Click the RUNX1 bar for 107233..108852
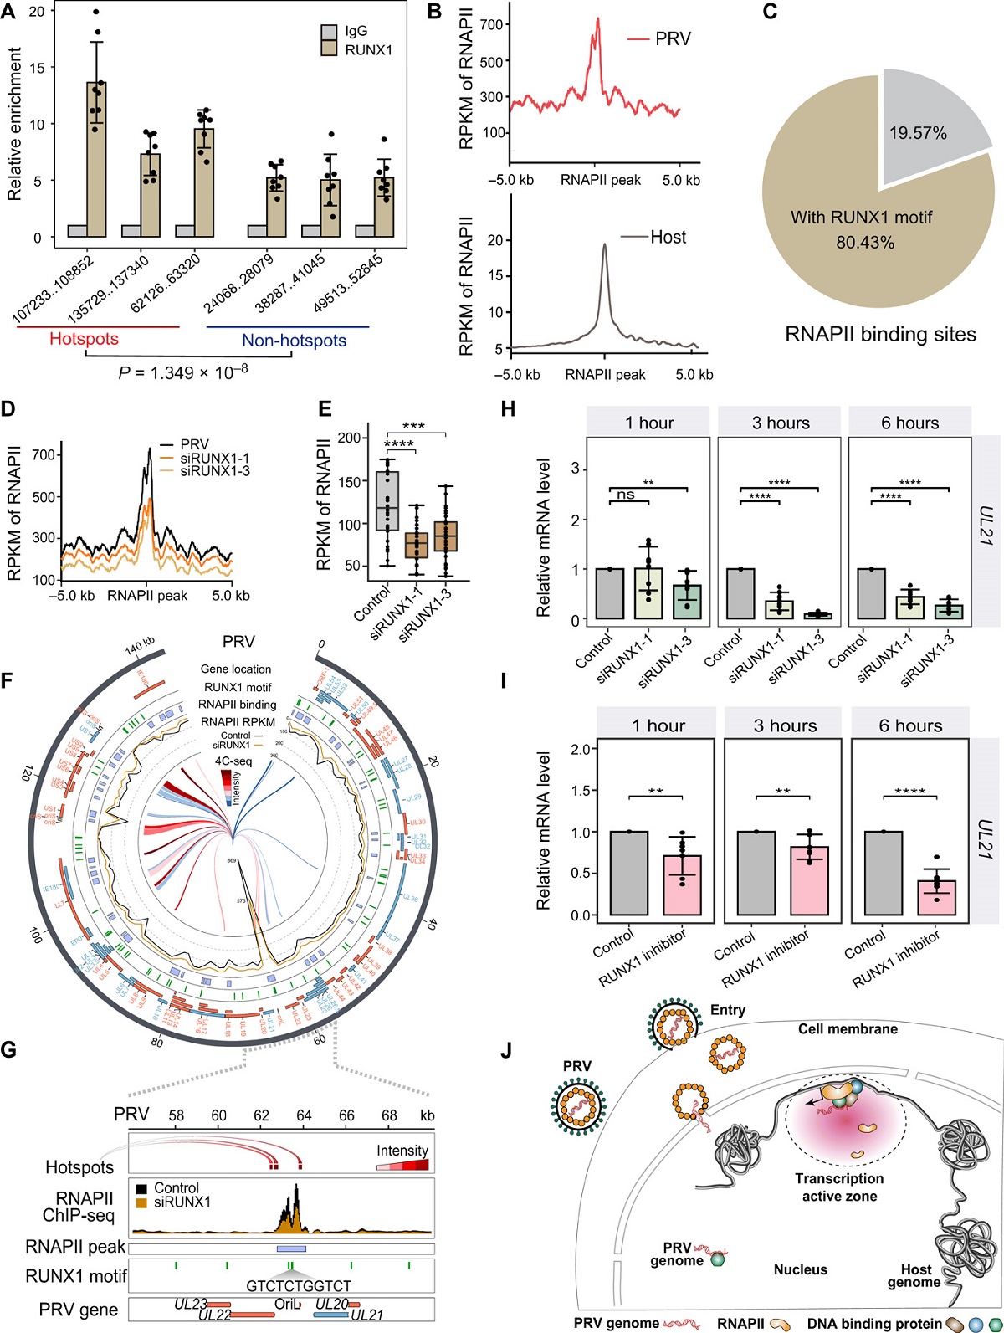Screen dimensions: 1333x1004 [x=96, y=159]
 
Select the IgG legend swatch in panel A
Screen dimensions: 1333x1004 [x=330, y=33]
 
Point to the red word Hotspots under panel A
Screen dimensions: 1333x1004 [x=84, y=339]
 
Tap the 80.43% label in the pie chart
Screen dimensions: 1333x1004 [x=864, y=243]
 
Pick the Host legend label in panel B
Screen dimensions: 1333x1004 [x=668, y=238]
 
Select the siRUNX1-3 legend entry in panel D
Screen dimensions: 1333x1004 [x=214, y=471]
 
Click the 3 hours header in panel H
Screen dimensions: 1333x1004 [x=781, y=423]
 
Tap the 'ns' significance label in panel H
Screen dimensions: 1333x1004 [x=626, y=495]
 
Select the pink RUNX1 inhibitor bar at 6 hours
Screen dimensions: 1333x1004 [x=936, y=897]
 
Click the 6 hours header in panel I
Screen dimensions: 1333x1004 [x=910, y=725]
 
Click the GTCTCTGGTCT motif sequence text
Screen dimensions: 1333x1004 [x=299, y=1285]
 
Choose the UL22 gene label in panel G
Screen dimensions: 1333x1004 [x=215, y=1316]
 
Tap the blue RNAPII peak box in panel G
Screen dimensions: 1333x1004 [x=291, y=1248]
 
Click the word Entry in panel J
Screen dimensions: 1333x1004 [x=727, y=1010]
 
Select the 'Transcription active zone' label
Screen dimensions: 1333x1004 [x=839, y=1187]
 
